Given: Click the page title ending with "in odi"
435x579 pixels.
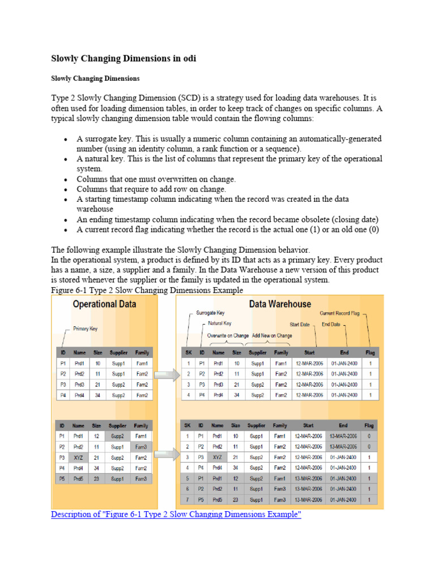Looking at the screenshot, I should click(124, 58).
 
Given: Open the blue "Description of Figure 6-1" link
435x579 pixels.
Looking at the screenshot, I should click(176, 515).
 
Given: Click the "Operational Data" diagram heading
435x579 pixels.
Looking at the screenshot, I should click(104, 304).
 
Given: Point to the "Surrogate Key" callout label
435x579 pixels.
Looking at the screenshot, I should click(210, 313).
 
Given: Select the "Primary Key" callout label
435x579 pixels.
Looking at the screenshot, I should click(86, 328).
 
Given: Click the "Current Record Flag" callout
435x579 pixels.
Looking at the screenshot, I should click(339, 313).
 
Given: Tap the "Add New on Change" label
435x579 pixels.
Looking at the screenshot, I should click(272, 335).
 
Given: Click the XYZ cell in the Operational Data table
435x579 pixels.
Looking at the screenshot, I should click(79, 457).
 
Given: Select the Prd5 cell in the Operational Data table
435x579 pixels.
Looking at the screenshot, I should click(79, 478).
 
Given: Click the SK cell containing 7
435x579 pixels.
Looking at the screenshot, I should click(188, 500).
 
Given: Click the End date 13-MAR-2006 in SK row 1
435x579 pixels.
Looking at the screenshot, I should click(343, 436).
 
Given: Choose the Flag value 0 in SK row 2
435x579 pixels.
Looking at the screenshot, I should click(369, 447).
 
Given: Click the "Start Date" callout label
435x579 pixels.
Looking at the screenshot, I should click(300, 325).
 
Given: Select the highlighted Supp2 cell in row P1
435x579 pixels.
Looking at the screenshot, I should click(118, 436).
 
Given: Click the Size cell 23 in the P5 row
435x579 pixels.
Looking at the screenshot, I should click(97, 478).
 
